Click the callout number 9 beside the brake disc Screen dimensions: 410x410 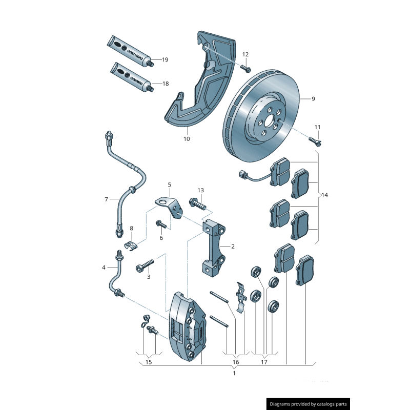(313, 99)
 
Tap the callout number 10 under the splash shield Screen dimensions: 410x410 (187, 138)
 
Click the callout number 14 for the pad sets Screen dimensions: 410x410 (325, 195)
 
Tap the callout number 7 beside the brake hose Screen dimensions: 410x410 (106, 199)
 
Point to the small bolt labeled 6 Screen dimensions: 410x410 (161, 224)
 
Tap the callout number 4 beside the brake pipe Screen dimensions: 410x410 (104, 267)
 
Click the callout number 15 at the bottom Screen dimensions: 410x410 (149, 362)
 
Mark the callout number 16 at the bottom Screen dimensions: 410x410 (236, 362)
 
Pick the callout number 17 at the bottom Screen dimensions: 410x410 (264, 362)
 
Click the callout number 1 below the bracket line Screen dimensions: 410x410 (234, 373)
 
